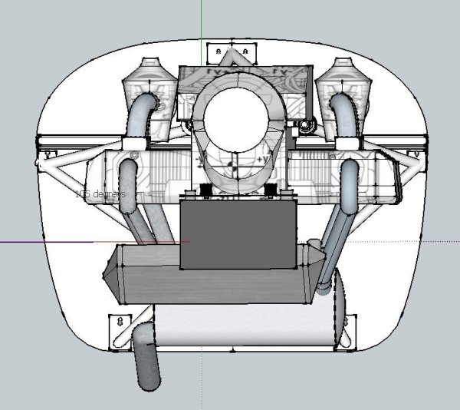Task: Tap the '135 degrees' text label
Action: click(100, 194)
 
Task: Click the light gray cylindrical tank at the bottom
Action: click(245, 326)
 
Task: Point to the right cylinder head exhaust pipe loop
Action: click(351, 184)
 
